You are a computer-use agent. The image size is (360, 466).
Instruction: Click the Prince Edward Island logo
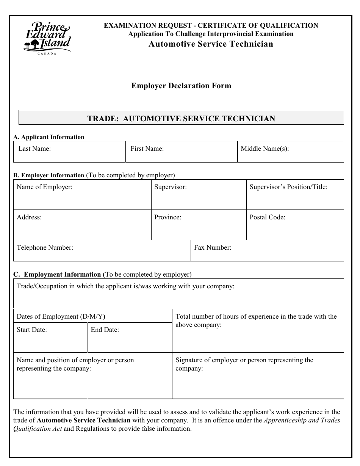pos(47,37)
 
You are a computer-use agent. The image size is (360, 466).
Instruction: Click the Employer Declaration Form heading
pos(181,86)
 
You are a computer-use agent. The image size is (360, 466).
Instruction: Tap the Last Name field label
pos(34,149)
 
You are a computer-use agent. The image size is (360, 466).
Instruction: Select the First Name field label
pos(147,149)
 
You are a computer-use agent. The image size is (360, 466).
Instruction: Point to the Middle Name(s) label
pos(265,149)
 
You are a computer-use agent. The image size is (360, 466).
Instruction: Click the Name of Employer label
pos(44,187)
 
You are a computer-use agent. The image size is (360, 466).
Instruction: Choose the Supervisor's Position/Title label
pos(288,187)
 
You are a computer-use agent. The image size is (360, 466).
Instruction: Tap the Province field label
pos(167,217)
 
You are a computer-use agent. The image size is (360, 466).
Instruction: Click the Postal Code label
pos(267,217)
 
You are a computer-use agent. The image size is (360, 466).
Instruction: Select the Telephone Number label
pos(45,247)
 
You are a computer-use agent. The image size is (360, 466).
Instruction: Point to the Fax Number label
pos(213,247)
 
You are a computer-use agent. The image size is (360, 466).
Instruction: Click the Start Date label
pos(32,330)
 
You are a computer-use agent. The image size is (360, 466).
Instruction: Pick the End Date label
pos(105,330)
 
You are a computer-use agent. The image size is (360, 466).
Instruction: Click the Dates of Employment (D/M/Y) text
pos(61,316)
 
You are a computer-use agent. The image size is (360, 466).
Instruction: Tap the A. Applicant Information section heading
pos(49,137)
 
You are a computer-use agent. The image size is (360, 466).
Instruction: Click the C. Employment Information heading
pos(57,274)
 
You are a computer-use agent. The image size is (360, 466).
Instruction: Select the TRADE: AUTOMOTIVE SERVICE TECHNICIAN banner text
pos(181,118)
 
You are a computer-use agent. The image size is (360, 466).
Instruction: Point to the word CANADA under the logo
pos(47,53)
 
